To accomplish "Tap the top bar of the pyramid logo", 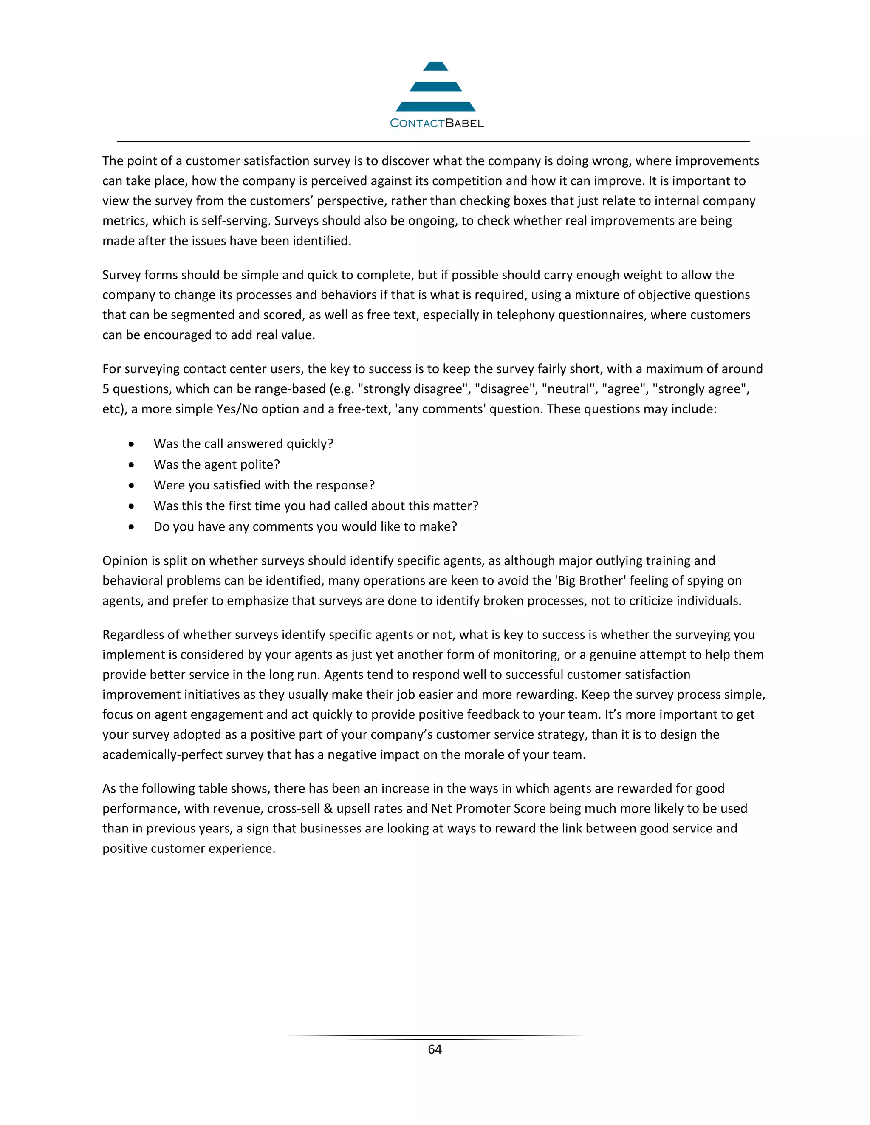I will pyautogui.click(x=435, y=67).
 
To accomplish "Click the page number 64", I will pyautogui.click(x=435, y=1049).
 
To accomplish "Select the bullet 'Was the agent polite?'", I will pyautogui.click(x=217, y=464).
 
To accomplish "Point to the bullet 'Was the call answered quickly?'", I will pyautogui.click(x=243, y=444).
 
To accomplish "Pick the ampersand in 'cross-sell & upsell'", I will pyautogui.click(x=328, y=808).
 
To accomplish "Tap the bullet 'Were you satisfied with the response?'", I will pyautogui.click(x=264, y=485).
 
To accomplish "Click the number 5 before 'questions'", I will pyautogui.click(x=106, y=389).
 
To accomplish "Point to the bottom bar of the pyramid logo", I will pyautogui.click(x=435, y=107).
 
